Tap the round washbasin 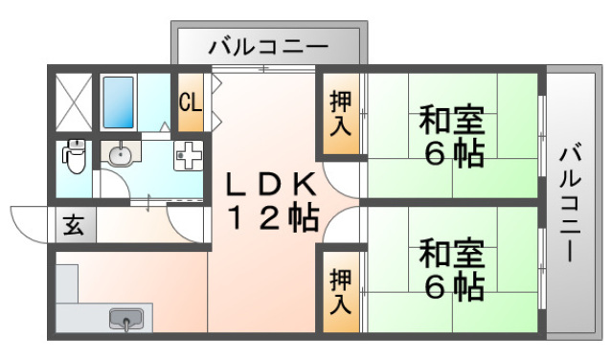(x=120, y=155)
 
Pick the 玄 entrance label (x=73, y=226)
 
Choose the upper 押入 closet (x=341, y=113)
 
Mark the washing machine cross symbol (x=189, y=155)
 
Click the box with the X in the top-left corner (x=72, y=100)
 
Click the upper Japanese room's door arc (x=339, y=182)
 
